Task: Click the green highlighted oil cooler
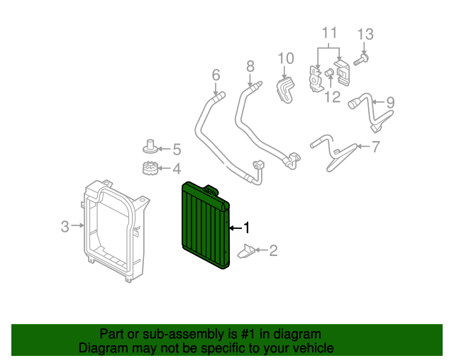tap(204, 225)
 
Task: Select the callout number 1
tap(247, 228)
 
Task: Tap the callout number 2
tap(273, 250)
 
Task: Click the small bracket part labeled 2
tap(248, 251)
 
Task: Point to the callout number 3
tap(65, 227)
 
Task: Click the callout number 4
tap(177, 169)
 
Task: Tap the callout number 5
tap(177, 149)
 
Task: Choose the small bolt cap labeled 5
tap(150, 147)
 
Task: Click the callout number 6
tap(216, 74)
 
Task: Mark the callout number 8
tap(250, 66)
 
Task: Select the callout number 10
tap(285, 57)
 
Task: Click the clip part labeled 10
tap(285, 89)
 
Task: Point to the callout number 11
tap(328, 33)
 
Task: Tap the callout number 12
tap(332, 96)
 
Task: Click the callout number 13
tap(364, 34)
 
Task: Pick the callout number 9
tap(389, 102)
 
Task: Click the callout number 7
tap(375, 147)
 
